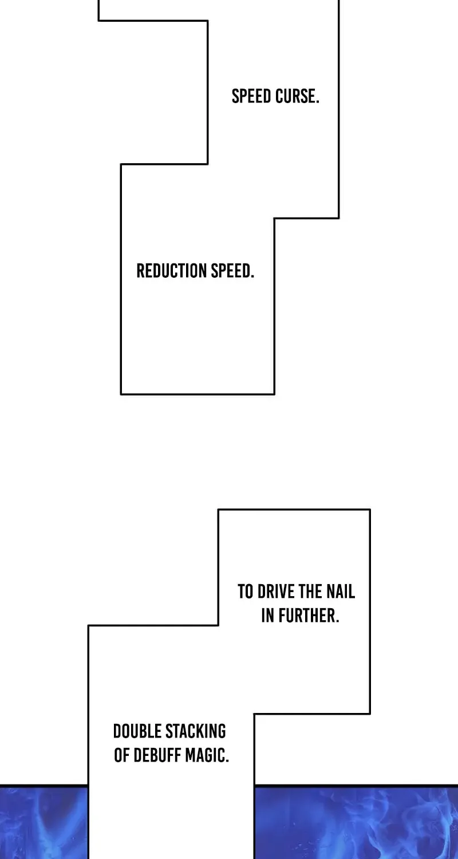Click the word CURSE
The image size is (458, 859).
coord(295,96)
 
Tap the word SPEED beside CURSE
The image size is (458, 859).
coord(252,96)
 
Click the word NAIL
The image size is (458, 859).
coord(340,592)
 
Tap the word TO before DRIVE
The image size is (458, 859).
coord(246,592)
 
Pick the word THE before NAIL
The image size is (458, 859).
coord(310,592)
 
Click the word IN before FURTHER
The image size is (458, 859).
coord(268,616)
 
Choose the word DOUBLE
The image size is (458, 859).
coord(137,732)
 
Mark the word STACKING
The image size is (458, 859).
coord(195,732)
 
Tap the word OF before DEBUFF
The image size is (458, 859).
coord(122,756)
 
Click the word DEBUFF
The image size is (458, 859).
coord(157,756)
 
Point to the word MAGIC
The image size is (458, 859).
coord(205,756)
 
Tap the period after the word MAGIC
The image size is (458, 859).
coord(227,761)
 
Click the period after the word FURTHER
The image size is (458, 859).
coord(338,621)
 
